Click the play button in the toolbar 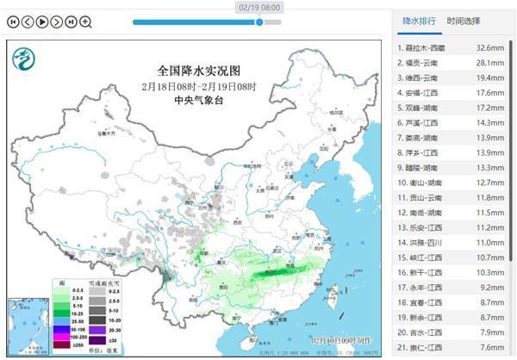click(42, 21)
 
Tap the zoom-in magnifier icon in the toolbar click(86, 21)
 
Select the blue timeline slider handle click(259, 22)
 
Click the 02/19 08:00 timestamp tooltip click(259, 6)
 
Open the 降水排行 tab click(419, 20)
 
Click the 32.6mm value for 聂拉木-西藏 click(490, 48)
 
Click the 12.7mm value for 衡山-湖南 click(490, 183)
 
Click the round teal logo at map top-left click(23, 59)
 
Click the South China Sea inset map click(25, 325)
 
